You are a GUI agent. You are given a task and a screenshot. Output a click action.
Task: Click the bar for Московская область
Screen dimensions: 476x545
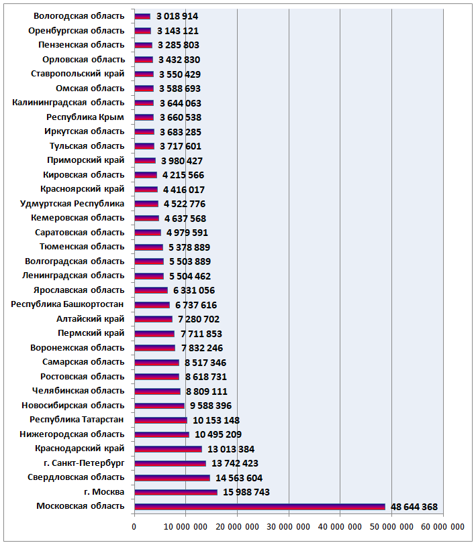coord(260,506)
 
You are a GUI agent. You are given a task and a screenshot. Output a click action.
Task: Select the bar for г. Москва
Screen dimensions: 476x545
coord(176,492)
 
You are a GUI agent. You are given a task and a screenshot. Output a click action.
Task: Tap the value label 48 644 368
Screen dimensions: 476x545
coord(414,507)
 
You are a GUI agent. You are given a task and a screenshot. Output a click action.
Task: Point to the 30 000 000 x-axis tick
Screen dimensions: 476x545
coord(288,527)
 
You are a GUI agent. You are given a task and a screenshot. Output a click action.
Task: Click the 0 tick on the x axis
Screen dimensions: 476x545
coord(134,527)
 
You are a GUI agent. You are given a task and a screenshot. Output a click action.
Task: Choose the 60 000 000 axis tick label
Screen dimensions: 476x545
coord(442,527)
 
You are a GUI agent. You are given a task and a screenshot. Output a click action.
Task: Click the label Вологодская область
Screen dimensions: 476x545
coord(79,16)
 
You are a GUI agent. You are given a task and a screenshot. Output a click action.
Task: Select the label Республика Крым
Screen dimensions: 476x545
coord(85,117)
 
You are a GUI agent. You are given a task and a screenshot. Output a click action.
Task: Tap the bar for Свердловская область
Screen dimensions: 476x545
coord(172,478)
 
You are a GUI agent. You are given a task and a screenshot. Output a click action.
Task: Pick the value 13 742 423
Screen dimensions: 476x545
coord(235,463)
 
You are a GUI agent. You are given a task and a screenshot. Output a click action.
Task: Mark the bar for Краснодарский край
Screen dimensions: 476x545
coord(169,449)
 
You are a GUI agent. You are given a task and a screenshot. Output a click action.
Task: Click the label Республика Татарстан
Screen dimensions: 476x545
coord(77,420)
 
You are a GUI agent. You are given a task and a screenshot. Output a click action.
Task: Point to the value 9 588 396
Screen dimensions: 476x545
coord(211,406)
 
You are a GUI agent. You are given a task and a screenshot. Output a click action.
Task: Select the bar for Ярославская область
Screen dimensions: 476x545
coord(151,290)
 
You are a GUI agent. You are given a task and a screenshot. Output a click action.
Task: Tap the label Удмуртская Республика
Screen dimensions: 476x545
coord(72,204)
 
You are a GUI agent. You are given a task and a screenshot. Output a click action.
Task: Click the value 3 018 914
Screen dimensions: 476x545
coord(177,16)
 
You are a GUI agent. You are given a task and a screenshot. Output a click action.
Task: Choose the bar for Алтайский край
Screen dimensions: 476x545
coord(153,319)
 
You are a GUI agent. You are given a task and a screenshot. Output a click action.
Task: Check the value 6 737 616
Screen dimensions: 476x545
coord(196,305)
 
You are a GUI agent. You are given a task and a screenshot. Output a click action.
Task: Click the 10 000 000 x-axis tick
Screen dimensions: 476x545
coord(185,527)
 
